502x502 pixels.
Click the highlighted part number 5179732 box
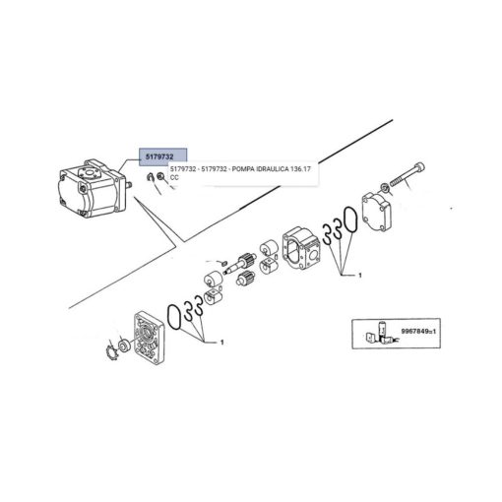162,157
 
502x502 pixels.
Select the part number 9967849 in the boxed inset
416,332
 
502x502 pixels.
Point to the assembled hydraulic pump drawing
92,189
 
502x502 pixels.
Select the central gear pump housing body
300,248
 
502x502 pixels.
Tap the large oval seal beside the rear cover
349,220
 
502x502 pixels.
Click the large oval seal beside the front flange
173,317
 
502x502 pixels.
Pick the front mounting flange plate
149,338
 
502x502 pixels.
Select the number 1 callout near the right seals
360,275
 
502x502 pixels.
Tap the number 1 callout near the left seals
221,343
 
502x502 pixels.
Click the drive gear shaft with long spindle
237,264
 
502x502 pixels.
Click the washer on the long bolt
384,188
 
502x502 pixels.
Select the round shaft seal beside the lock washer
125,345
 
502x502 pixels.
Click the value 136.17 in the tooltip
300,169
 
